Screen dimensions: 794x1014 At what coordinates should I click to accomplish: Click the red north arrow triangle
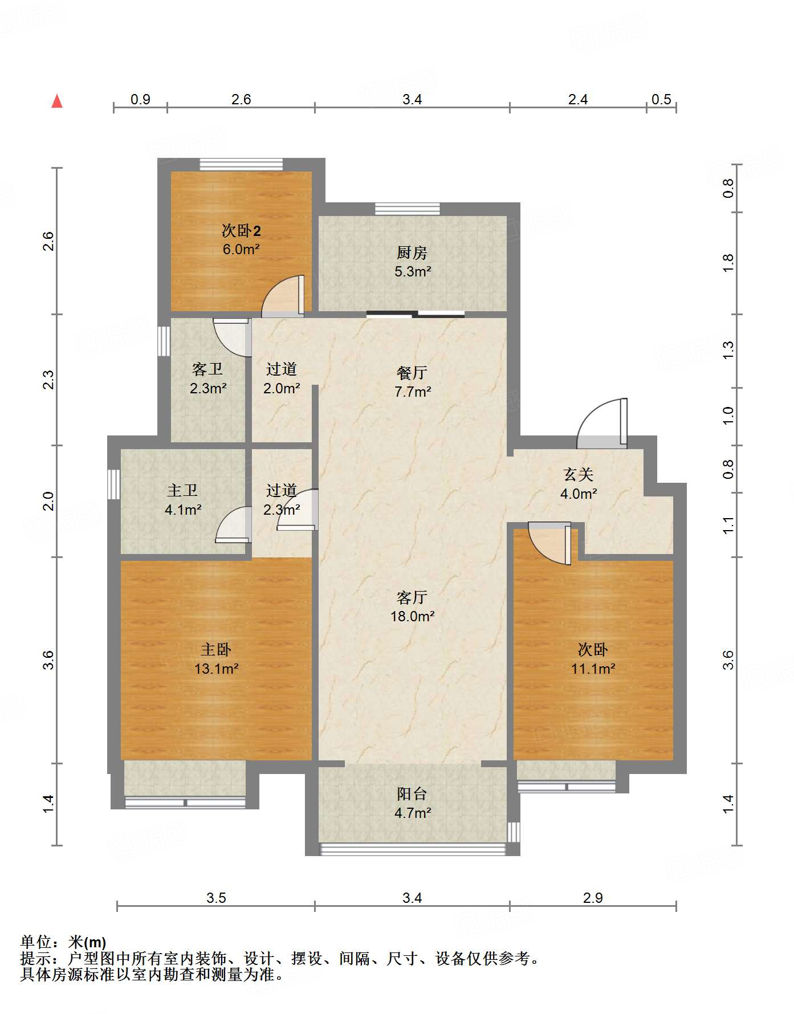tap(57, 101)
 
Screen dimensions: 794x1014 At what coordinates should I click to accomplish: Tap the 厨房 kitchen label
tap(412, 252)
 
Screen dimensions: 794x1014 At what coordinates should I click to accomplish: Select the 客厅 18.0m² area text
tap(412, 607)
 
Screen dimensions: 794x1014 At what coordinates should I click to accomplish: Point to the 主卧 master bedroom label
tap(216, 649)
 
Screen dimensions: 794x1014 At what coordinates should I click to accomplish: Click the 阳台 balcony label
tap(412, 793)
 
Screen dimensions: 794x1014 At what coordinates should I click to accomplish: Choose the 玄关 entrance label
tap(579, 474)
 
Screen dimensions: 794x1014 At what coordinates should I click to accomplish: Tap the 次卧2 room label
tap(241, 231)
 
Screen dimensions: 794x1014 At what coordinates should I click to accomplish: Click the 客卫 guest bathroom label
tap(207, 369)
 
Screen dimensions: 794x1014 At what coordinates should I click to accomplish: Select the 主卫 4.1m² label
tap(183, 500)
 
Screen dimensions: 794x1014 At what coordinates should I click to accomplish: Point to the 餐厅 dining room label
tap(412, 373)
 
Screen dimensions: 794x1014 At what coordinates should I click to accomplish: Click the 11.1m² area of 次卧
tap(593, 669)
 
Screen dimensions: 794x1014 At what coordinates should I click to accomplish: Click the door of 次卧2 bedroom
tap(283, 296)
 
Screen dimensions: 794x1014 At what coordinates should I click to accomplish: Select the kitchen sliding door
tap(416, 313)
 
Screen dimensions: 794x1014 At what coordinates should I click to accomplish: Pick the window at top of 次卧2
tap(241, 164)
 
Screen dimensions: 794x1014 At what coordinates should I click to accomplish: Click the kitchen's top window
tap(408, 209)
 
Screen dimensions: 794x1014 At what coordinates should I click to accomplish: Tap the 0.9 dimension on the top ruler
tap(140, 100)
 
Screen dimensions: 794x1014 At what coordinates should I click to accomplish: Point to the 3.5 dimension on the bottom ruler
tap(216, 898)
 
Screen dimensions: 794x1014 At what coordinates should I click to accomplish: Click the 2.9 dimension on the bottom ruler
tap(593, 898)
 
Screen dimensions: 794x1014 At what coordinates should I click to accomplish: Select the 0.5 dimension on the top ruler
tap(661, 100)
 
